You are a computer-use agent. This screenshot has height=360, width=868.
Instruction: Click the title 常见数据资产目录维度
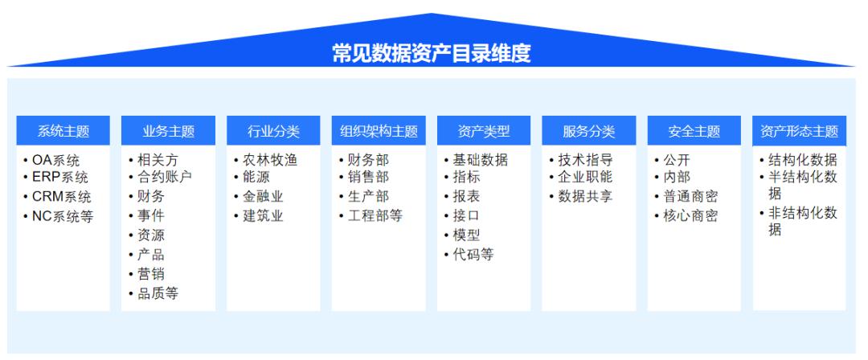pyautogui.click(x=432, y=53)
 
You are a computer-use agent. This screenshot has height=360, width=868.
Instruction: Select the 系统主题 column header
pyautogui.click(x=63, y=131)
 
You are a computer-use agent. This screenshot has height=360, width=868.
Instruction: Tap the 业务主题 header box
pyautogui.click(x=168, y=131)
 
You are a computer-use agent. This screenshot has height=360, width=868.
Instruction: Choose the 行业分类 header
pyautogui.click(x=273, y=131)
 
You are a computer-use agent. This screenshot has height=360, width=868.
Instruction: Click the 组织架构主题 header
pyautogui.click(x=379, y=131)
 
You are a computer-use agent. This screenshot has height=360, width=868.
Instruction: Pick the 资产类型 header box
pyautogui.click(x=484, y=131)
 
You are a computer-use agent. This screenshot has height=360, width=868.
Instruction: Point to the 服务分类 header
pyautogui.click(x=589, y=131)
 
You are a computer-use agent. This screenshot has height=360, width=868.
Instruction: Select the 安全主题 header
pyautogui.click(x=694, y=131)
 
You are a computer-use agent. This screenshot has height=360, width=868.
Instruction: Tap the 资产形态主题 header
pyautogui.click(x=799, y=131)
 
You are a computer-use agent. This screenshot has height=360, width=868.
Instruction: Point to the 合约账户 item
pyautogui.click(x=164, y=178)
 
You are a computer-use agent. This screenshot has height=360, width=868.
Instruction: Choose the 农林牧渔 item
pyautogui.click(x=269, y=159)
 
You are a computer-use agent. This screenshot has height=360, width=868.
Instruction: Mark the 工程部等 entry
pyautogui.click(x=375, y=215)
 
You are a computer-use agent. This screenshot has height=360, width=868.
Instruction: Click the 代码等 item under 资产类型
pyautogui.click(x=473, y=255)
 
